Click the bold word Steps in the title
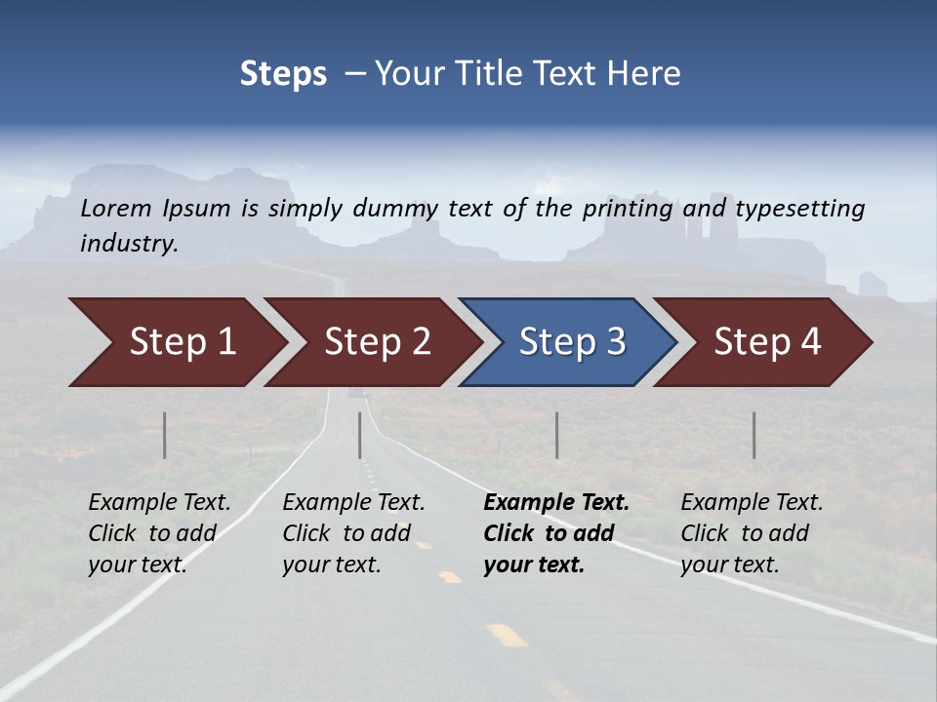tap(283, 74)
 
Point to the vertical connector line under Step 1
tap(165, 435)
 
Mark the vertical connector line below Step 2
tap(360, 435)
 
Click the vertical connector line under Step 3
tap(557, 435)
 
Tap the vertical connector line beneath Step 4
tap(754, 435)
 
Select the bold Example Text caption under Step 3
tap(555, 533)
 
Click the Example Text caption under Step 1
tap(159, 533)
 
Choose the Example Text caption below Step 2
tap(353, 533)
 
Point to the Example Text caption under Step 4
tap(752, 533)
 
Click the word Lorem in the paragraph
tap(116, 208)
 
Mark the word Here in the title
tap(648, 74)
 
